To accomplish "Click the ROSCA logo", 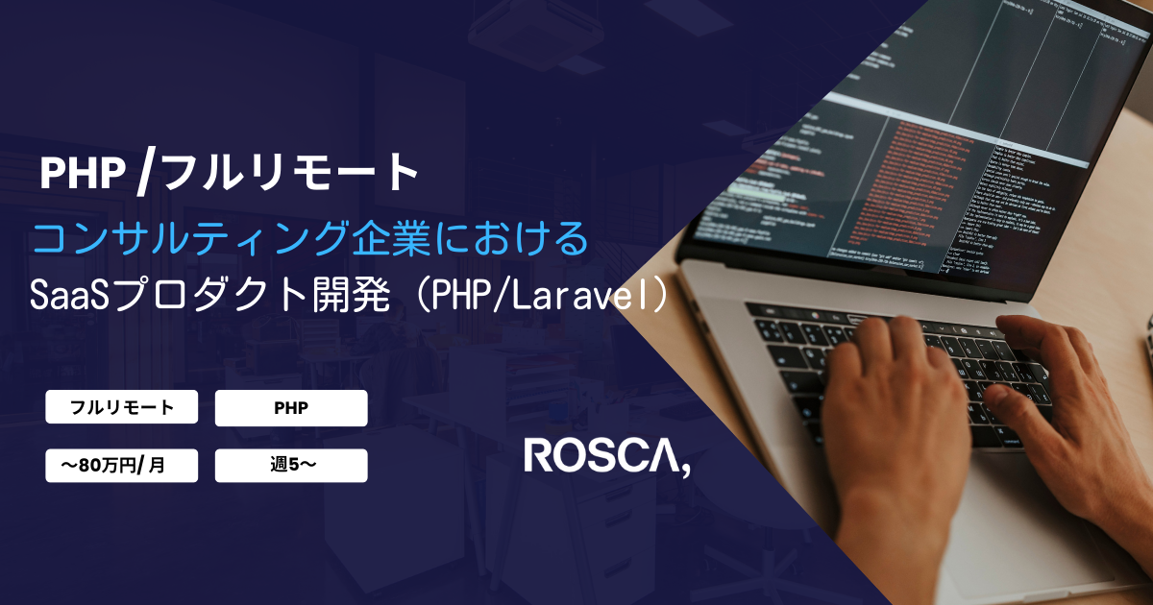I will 605,456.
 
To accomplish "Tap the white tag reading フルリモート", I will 122,407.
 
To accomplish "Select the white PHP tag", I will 291,407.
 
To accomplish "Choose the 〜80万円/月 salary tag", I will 122,466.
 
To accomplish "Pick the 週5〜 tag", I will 291,466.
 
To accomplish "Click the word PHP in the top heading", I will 84,173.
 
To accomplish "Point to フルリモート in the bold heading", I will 289,173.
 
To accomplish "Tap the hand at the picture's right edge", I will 1076,403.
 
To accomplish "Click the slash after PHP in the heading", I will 145,173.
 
